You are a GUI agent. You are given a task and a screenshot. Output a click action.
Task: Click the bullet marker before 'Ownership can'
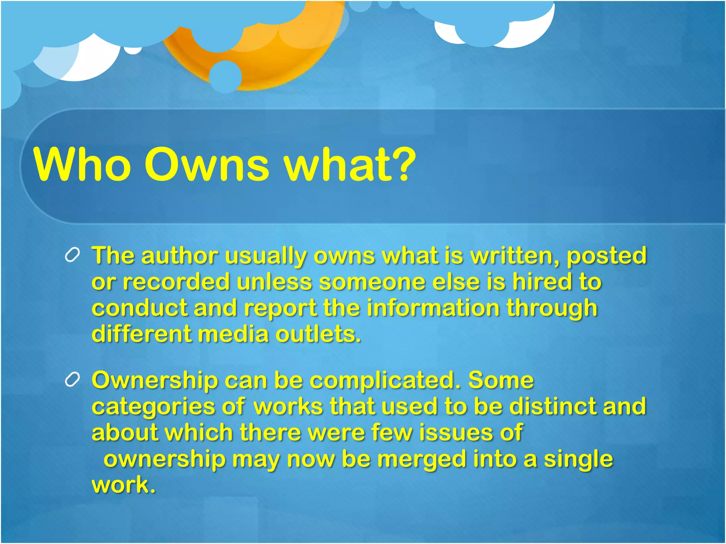[72, 380]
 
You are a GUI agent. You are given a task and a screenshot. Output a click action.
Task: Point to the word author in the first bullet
[179, 256]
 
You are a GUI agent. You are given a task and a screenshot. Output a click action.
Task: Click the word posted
[607, 256]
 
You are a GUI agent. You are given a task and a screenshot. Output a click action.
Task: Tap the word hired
[542, 282]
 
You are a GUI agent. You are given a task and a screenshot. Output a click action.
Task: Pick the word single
[578, 460]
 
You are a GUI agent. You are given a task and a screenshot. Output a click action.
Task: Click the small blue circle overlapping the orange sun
[225, 76]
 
